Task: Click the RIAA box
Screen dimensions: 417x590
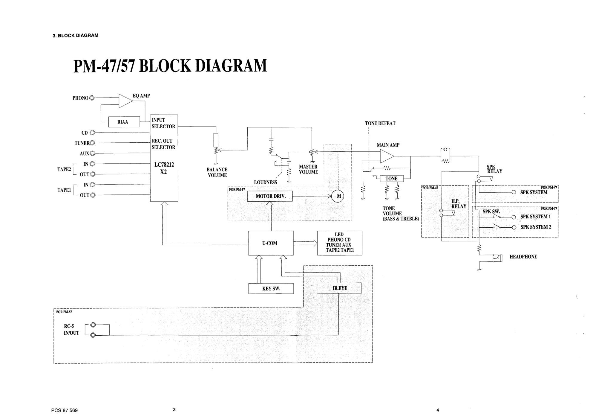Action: tap(123, 122)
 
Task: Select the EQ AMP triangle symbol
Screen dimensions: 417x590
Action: tap(125, 101)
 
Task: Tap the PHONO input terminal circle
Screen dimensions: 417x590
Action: tap(92, 98)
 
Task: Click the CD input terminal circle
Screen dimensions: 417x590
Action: tap(92, 133)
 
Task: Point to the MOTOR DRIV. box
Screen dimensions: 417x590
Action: tap(270, 196)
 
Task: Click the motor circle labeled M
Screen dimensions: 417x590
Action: tap(338, 196)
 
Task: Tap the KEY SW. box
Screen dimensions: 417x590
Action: tap(271, 289)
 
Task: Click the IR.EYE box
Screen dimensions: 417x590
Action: tap(339, 288)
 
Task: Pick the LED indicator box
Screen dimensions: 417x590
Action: tap(340, 243)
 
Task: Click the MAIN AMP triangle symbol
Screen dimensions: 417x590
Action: tap(387, 156)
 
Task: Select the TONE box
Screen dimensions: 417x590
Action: tap(391, 179)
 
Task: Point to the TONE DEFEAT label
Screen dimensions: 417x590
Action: tap(380, 123)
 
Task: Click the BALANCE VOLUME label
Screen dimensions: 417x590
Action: tap(217, 172)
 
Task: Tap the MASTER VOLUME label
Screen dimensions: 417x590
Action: tap(308, 169)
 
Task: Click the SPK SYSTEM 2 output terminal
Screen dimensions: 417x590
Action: tap(514, 227)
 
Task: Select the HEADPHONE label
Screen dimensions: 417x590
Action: tap(523, 257)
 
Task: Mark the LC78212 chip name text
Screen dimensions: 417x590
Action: tap(164, 165)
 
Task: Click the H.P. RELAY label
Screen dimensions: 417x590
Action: tap(459, 204)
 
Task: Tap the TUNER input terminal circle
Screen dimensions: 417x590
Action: tap(92, 143)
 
